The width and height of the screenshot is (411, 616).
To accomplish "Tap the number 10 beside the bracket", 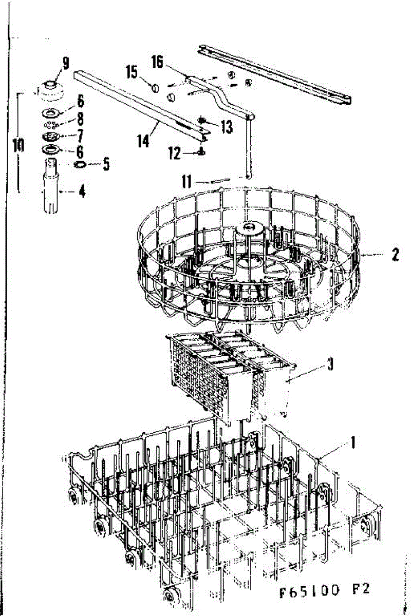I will pyautogui.click(x=18, y=145).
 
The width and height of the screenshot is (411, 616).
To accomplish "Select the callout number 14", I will pyautogui.click(x=143, y=140).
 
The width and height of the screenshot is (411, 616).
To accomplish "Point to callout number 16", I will pyautogui.click(x=157, y=63).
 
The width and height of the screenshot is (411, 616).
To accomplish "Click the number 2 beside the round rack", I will pyautogui.click(x=395, y=255).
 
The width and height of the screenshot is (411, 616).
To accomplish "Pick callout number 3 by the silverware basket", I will pyautogui.click(x=330, y=365).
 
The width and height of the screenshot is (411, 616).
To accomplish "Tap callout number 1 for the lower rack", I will pyautogui.click(x=352, y=441).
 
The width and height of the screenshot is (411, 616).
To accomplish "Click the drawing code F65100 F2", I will pyautogui.click(x=325, y=591).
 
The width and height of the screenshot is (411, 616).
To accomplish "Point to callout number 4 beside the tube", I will pyautogui.click(x=82, y=193).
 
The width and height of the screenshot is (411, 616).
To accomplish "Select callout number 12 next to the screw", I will pyautogui.click(x=175, y=152).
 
